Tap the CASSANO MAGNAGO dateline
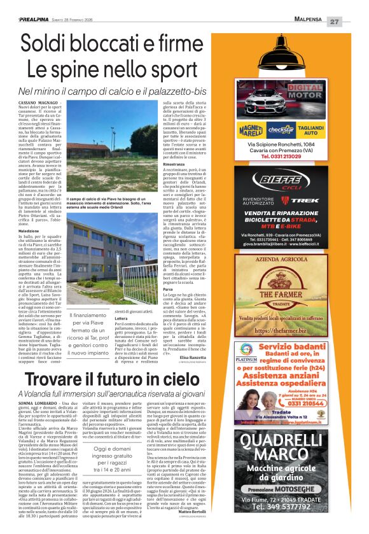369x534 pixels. pos(39,102)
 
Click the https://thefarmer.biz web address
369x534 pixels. pos(288,330)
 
